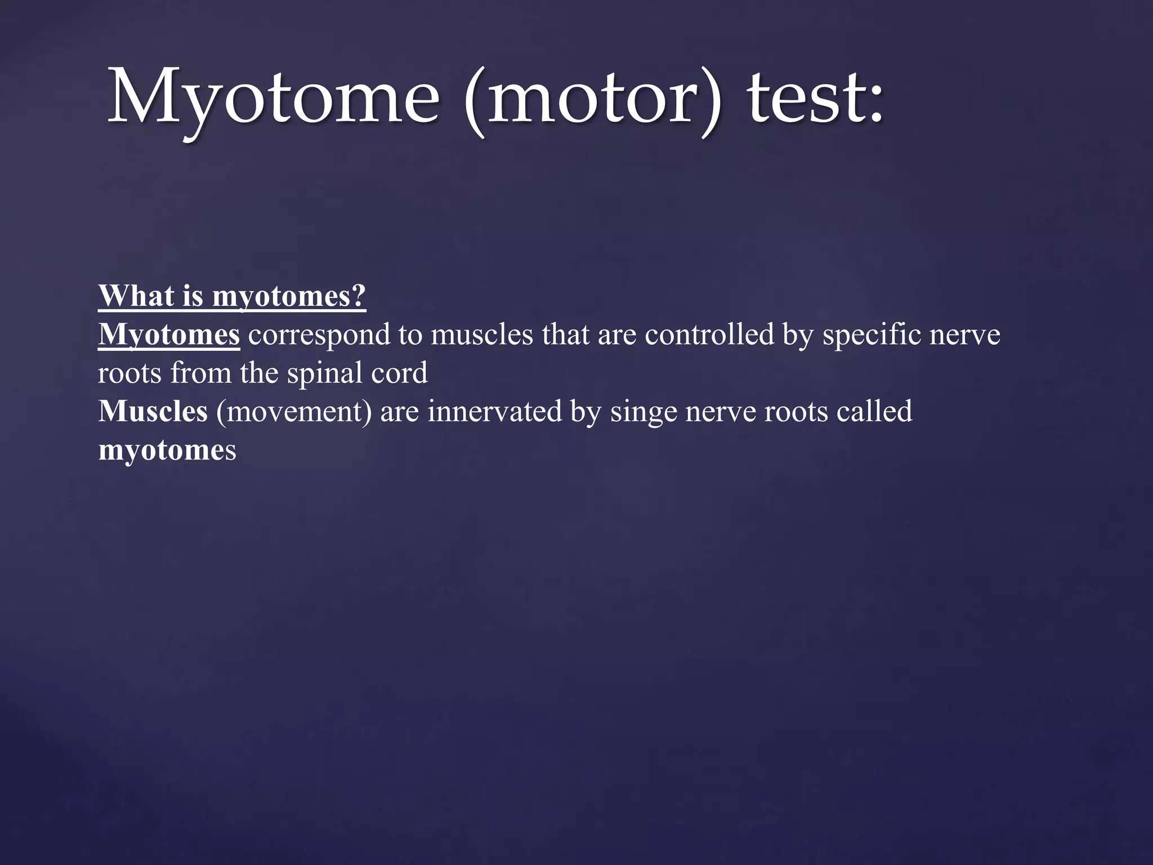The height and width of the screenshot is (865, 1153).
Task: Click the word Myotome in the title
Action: (272, 97)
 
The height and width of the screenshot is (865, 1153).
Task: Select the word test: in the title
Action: (816, 97)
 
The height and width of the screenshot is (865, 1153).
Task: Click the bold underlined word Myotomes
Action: (169, 335)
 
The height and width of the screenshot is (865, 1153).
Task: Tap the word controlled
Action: (709, 335)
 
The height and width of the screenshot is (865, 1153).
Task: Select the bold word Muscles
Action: (153, 412)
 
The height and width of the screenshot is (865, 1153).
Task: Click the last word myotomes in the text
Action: (167, 451)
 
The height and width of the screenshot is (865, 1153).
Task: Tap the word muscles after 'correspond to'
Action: (481, 335)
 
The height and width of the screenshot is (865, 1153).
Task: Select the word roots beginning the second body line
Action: (129, 373)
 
